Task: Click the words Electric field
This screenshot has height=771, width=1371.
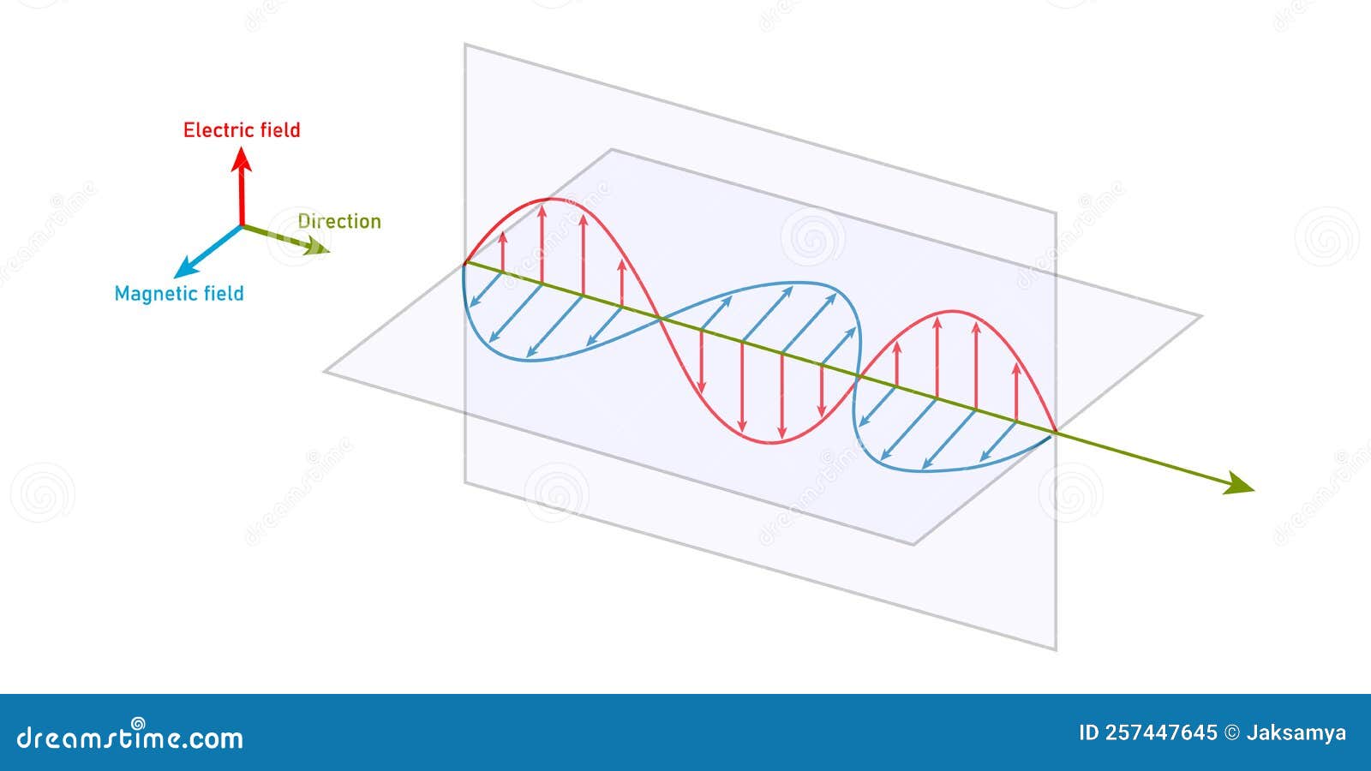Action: (x=242, y=130)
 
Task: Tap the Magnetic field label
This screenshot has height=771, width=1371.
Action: (x=179, y=294)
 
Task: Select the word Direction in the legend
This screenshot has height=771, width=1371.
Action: (x=339, y=221)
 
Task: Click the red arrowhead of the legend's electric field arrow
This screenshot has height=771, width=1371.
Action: (x=242, y=157)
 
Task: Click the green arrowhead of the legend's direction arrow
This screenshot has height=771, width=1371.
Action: (x=320, y=249)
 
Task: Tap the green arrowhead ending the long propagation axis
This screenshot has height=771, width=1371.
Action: (x=1242, y=488)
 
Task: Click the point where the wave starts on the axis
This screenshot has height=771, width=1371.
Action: (x=464, y=264)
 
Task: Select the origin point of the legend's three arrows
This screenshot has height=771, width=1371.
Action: (x=242, y=226)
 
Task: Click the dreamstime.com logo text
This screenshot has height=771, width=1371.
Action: (x=130, y=737)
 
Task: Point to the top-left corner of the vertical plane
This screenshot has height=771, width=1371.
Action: (x=465, y=44)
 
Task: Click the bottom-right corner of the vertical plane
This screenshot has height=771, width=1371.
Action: (x=1056, y=649)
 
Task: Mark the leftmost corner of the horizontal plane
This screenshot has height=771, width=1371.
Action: (x=325, y=372)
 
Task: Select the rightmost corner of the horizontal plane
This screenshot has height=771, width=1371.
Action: (x=1201, y=316)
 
